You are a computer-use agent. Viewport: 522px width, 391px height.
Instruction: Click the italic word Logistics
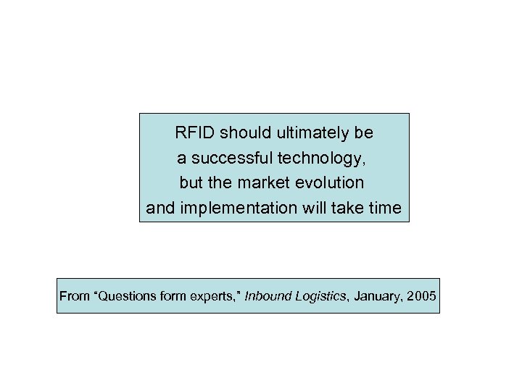click(317, 296)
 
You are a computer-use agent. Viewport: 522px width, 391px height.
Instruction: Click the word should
click(243, 133)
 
